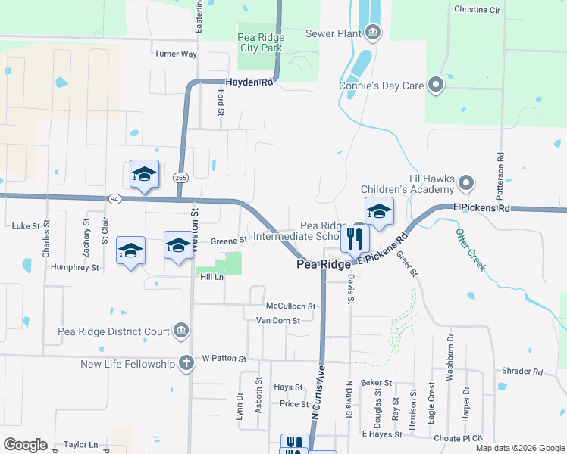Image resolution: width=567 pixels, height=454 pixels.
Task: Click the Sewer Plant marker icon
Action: tap(373, 33)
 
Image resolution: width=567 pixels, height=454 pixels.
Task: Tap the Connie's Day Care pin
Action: tap(436, 85)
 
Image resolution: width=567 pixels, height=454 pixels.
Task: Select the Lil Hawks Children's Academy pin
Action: tap(465, 183)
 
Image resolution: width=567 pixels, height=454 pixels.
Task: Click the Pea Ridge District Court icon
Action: tap(181, 330)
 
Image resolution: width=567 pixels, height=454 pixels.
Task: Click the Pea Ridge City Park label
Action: tap(260, 42)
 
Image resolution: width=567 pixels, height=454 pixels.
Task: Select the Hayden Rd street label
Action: tap(249, 82)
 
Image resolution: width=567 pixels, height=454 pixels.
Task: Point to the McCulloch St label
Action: tap(290, 306)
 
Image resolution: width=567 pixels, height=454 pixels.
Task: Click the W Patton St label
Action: tap(224, 358)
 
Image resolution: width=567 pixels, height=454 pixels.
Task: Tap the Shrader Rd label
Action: tap(522, 372)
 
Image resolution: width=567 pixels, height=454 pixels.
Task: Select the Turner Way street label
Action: tap(175, 54)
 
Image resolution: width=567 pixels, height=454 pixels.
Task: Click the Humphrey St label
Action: tap(74, 267)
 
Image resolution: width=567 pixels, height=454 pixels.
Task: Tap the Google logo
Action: tap(25, 445)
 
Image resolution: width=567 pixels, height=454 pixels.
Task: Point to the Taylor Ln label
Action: tap(81, 445)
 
